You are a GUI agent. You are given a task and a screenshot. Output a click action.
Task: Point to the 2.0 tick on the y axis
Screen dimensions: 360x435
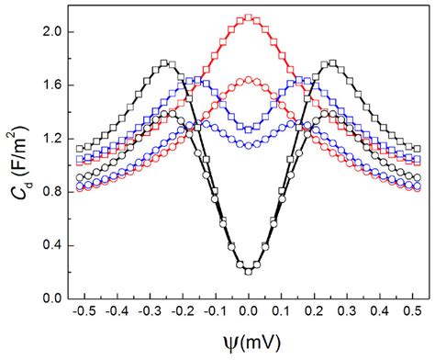tap(51, 31)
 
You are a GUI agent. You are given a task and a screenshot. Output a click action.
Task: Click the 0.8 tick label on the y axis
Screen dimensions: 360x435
tap(51, 192)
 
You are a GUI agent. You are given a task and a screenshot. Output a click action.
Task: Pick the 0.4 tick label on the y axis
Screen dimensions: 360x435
tap(51, 245)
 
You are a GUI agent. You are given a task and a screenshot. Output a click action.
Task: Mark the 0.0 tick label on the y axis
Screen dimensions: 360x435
tap(51, 298)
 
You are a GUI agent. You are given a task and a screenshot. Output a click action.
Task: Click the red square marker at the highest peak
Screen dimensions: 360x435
tap(249, 17)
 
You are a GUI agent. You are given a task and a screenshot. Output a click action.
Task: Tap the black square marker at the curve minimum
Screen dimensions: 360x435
tap(249, 270)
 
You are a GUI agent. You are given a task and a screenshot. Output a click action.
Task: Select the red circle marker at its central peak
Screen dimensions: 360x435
tap(249, 80)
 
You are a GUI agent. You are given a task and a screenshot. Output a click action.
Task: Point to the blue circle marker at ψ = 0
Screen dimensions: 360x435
tap(249, 145)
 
